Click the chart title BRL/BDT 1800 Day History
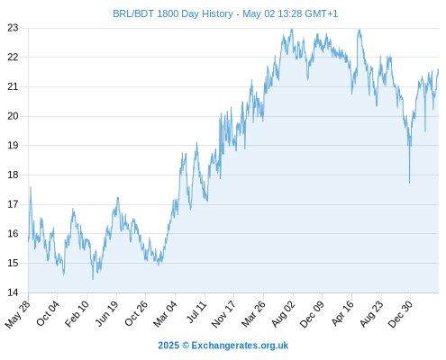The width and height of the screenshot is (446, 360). point(173,13)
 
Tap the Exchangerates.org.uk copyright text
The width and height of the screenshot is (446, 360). point(223,346)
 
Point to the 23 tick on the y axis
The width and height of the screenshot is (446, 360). point(13,28)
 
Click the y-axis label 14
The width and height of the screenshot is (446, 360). point(13,292)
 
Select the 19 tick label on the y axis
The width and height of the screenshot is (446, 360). point(13,146)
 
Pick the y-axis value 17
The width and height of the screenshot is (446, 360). point(13,204)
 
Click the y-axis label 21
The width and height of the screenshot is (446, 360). point(13,86)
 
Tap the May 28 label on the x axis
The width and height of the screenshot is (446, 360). point(17,314)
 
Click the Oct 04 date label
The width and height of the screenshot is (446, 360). point(48,313)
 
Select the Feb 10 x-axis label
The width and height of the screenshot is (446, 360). point(77,313)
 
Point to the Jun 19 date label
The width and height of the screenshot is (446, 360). point(106,313)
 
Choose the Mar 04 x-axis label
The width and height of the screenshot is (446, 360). point(165,314)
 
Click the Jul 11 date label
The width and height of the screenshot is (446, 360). point(196,312)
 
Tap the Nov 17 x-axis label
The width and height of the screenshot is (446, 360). point(223,314)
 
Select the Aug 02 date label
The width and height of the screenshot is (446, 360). point(283,314)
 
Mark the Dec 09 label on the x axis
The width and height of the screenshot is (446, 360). point(312,314)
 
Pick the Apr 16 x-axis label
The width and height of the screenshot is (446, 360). point(341,313)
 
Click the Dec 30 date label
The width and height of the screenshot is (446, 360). point(399,314)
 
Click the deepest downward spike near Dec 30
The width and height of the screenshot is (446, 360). point(409,183)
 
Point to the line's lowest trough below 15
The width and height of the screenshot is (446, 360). point(93,279)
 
